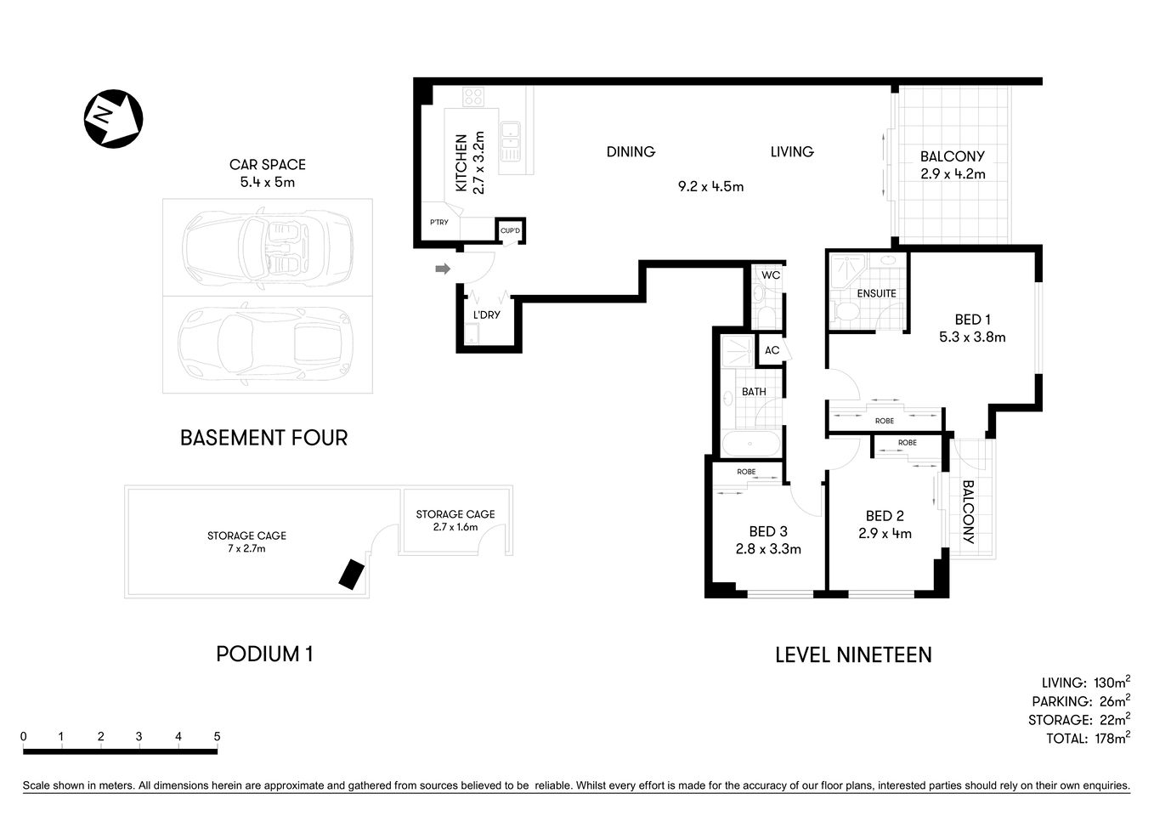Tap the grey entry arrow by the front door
[442, 269]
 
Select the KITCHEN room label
[461, 162]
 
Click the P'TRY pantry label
[438, 223]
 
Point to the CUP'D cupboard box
[510, 230]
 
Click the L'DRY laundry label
[486, 315]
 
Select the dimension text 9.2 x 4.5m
[710, 187]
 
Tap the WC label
[770, 275]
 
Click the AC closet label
[772, 350]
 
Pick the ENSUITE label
[876, 293]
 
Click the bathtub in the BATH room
[750, 444]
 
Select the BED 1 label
[972, 320]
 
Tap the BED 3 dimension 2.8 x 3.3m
[768, 549]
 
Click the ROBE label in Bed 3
[746, 472]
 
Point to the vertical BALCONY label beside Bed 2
[968, 513]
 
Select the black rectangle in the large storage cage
[351, 574]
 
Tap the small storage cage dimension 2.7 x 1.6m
[455, 527]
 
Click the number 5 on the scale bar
[217, 737]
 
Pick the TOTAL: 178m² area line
[1087, 739]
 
